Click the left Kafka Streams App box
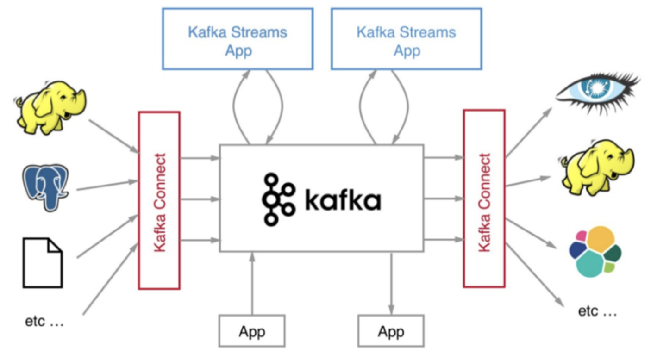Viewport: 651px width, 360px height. pos(237,40)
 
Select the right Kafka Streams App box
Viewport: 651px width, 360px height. pos(406,40)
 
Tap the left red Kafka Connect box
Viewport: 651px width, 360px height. pos(159,200)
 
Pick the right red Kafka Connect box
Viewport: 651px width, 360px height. pos(484,199)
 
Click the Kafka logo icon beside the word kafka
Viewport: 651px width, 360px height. pos(278,199)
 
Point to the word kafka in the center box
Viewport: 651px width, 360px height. pos(343,200)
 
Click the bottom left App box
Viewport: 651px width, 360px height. pos(252,331)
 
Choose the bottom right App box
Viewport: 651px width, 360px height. pos(391,331)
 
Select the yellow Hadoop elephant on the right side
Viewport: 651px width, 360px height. pos(597,166)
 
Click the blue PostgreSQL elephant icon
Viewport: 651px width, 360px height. pos(46,187)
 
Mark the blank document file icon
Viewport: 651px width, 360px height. pos(43,262)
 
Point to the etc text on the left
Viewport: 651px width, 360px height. pos(44,322)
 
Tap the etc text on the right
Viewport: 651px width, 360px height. pos(597,311)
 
